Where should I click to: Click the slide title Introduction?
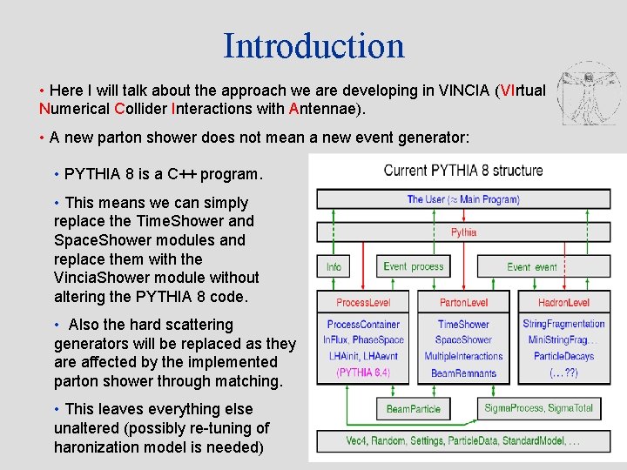click(313, 45)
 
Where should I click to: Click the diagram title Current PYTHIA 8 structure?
click(463, 171)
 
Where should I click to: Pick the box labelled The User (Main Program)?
click(463, 199)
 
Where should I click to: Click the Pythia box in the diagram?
click(463, 232)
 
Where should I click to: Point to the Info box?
click(334, 266)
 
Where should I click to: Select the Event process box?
click(414, 266)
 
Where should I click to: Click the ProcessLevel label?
click(363, 303)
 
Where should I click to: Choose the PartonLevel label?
click(463, 303)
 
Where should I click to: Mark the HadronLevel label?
click(563, 303)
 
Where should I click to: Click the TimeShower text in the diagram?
click(463, 324)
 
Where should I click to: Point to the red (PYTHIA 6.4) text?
click(363, 373)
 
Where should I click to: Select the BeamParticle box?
click(414, 408)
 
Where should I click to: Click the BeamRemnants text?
click(463, 373)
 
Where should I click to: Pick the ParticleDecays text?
click(563, 356)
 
